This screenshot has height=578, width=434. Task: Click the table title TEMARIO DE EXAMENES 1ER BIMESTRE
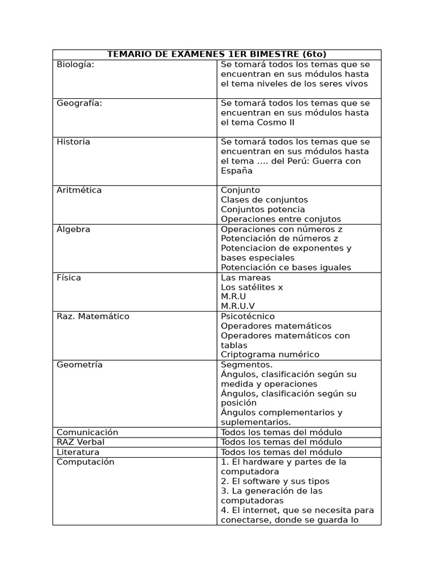point(217,54)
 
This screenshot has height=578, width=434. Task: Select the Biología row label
point(75,65)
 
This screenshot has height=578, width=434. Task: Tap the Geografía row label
point(79,103)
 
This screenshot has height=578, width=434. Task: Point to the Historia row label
point(73,142)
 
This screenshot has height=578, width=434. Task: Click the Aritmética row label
point(79,190)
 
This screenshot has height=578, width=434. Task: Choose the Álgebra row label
point(73,229)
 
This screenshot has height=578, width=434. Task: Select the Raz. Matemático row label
point(93,316)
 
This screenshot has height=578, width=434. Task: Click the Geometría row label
point(80,365)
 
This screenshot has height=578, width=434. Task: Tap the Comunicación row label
point(88,432)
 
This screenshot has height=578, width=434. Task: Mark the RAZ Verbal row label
point(80,442)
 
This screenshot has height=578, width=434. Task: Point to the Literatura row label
point(78,452)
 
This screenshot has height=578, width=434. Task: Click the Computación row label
point(85,462)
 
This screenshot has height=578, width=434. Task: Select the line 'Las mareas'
point(246,278)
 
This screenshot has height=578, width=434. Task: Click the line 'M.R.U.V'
point(238,306)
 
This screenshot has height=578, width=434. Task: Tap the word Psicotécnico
point(248,316)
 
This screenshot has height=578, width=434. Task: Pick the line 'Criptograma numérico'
point(270,354)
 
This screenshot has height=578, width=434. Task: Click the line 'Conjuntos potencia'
point(263,209)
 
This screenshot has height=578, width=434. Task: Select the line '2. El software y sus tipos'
point(275,481)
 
